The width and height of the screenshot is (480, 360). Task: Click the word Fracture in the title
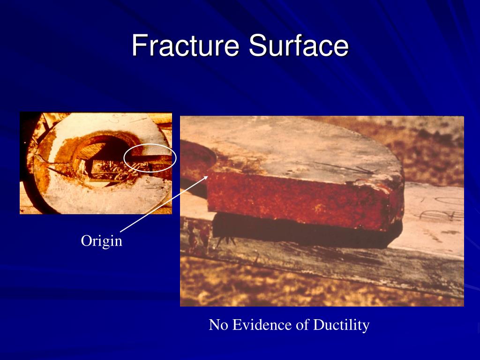(x=186, y=46)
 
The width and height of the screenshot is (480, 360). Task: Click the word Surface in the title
(x=299, y=46)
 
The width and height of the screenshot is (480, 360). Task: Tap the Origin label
(x=102, y=241)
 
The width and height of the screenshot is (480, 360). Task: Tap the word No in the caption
(x=217, y=324)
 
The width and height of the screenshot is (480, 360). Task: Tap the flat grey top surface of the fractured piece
(x=291, y=150)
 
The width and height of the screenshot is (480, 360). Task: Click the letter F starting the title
(x=137, y=46)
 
